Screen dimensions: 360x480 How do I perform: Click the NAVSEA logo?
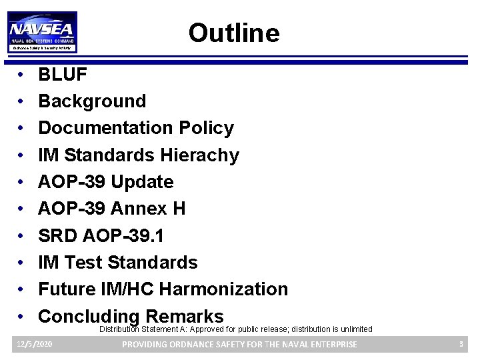42,31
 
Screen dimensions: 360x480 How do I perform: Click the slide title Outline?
233,33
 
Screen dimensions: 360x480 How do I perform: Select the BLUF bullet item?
63,75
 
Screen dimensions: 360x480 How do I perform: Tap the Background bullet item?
92,101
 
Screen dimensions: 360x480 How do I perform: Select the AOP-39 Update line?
105,182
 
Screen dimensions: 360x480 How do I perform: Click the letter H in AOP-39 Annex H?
179,209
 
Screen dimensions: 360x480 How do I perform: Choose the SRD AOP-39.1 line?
101,236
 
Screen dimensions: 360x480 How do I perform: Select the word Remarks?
184,316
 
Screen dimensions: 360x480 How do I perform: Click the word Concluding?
88,316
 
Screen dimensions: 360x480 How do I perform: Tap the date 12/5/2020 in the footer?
34,344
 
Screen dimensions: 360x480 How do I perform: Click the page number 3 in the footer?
461,344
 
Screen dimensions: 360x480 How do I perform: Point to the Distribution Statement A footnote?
236,329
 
